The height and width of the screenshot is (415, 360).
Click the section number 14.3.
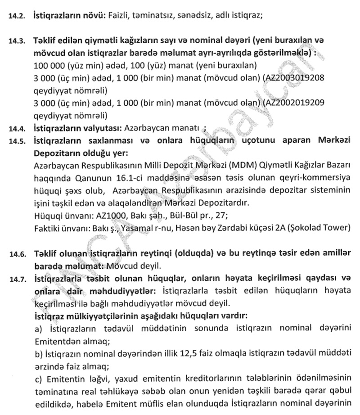[18, 41]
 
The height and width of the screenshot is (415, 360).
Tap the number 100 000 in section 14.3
[49, 66]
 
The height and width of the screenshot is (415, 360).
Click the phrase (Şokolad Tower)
[319, 227]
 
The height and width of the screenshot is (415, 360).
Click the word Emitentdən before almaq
[58, 341]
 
